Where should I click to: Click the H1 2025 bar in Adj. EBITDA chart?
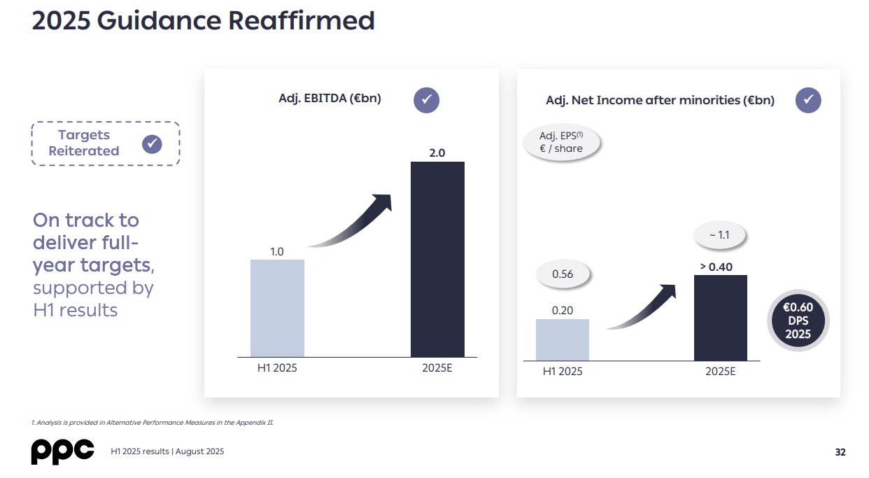click(277, 308)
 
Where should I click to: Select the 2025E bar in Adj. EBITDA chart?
click(437, 259)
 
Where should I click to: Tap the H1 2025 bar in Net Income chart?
click(563, 339)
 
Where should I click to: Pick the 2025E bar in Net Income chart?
click(720, 318)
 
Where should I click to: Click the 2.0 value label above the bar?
click(437, 152)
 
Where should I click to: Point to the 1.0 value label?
click(277, 251)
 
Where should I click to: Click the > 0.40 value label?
click(716, 267)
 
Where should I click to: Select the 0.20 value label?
click(563, 310)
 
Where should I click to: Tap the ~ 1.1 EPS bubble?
click(719, 235)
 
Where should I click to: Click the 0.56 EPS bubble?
click(563, 274)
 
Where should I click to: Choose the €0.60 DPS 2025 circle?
click(798, 321)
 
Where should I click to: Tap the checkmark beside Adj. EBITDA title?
click(426, 100)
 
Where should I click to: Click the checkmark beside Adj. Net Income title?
click(807, 100)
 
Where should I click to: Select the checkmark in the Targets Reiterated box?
click(152, 144)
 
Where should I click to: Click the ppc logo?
click(62, 451)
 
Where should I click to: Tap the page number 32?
click(840, 452)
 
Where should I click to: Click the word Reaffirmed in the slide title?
click(302, 21)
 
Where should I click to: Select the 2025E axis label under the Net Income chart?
click(720, 371)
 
